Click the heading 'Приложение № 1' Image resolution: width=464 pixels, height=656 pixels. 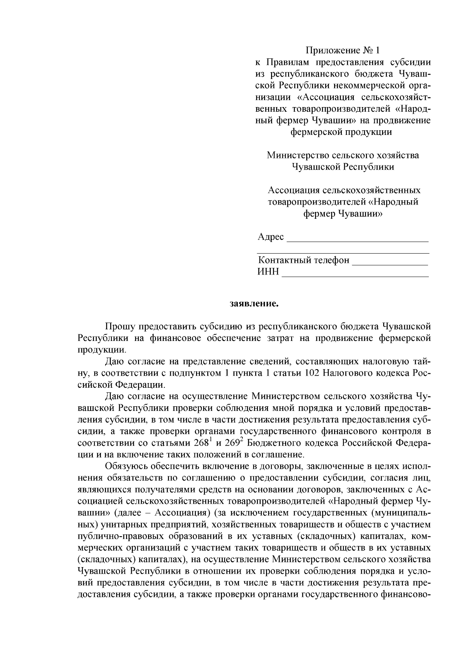tap(343, 51)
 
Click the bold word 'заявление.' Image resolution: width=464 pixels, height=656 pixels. tap(254, 303)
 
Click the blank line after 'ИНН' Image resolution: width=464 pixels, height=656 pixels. tap(355, 273)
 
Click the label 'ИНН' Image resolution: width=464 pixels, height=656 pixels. tap(268, 272)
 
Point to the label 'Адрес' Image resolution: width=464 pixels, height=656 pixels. tap(271, 237)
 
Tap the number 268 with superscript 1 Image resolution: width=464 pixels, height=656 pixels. tap(202, 443)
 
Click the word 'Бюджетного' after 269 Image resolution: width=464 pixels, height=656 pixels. tap(270, 443)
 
